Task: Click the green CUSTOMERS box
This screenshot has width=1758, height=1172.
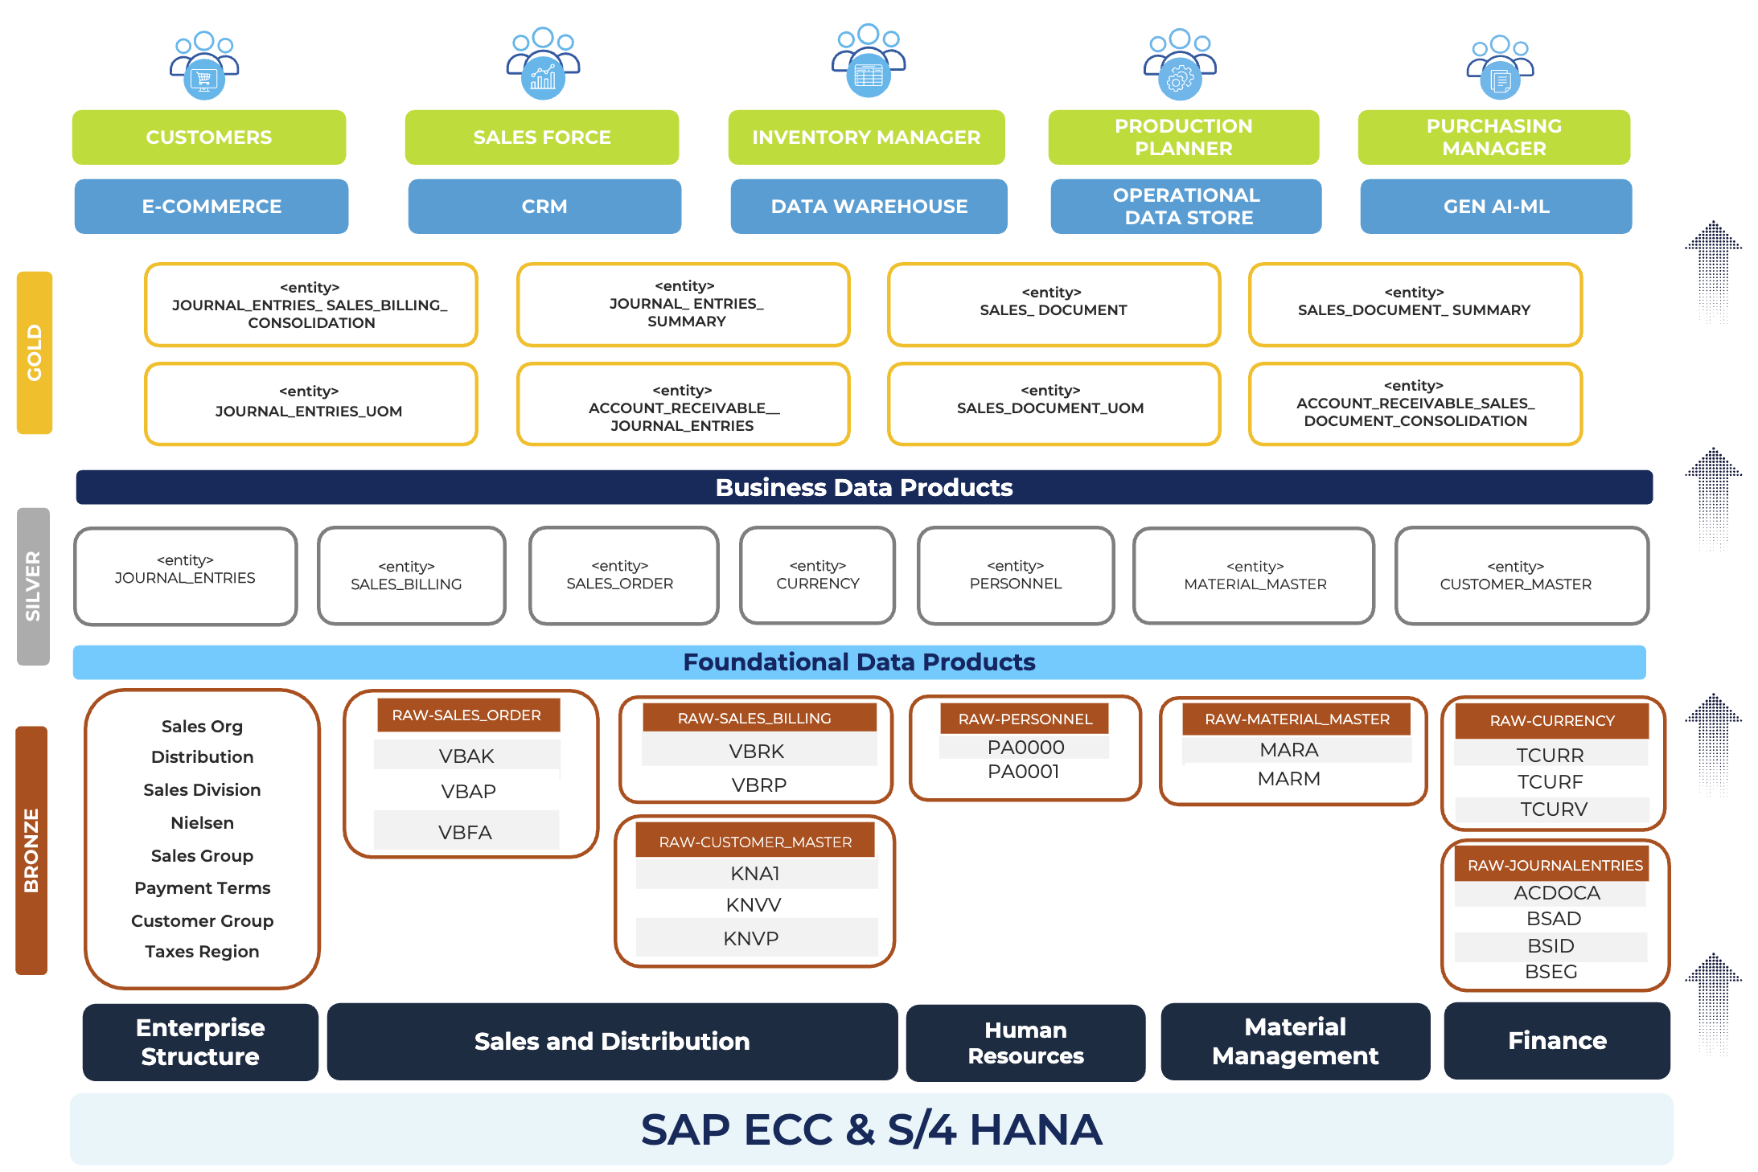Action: tap(209, 137)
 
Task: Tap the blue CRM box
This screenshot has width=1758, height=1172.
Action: tap(544, 207)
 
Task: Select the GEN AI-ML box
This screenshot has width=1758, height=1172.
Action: tap(1496, 207)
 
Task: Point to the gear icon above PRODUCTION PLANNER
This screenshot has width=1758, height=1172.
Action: tap(1180, 78)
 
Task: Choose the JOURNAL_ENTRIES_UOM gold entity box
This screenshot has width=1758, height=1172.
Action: tap(310, 404)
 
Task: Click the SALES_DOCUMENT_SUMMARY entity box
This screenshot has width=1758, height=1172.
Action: tap(1415, 305)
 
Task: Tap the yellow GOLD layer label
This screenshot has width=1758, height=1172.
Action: tap(35, 353)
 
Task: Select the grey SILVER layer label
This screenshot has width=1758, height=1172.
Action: tap(33, 586)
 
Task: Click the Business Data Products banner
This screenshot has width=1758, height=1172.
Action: tap(864, 487)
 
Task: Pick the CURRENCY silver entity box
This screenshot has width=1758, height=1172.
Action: tap(817, 576)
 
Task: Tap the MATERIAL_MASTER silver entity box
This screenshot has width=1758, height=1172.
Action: tap(1254, 576)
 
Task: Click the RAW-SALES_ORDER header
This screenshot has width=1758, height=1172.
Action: tap(467, 715)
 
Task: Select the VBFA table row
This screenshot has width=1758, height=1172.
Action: tap(466, 832)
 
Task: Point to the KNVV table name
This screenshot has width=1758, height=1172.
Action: tap(754, 905)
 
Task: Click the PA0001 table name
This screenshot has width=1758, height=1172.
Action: tap(1024, 772)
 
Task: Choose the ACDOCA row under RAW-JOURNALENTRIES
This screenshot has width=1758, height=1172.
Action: tap(1556, 893)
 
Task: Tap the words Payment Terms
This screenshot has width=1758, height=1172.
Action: tap(202, 888)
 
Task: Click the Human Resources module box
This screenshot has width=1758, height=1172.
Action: tap(1025, 1043)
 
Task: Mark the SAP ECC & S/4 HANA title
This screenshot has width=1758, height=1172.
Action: tap(871, 1129)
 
